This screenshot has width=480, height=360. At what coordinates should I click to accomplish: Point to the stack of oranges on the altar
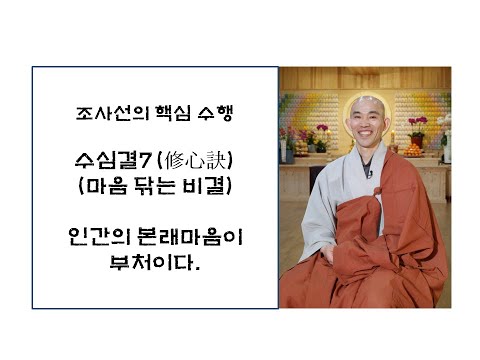(x=413, y=149)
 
